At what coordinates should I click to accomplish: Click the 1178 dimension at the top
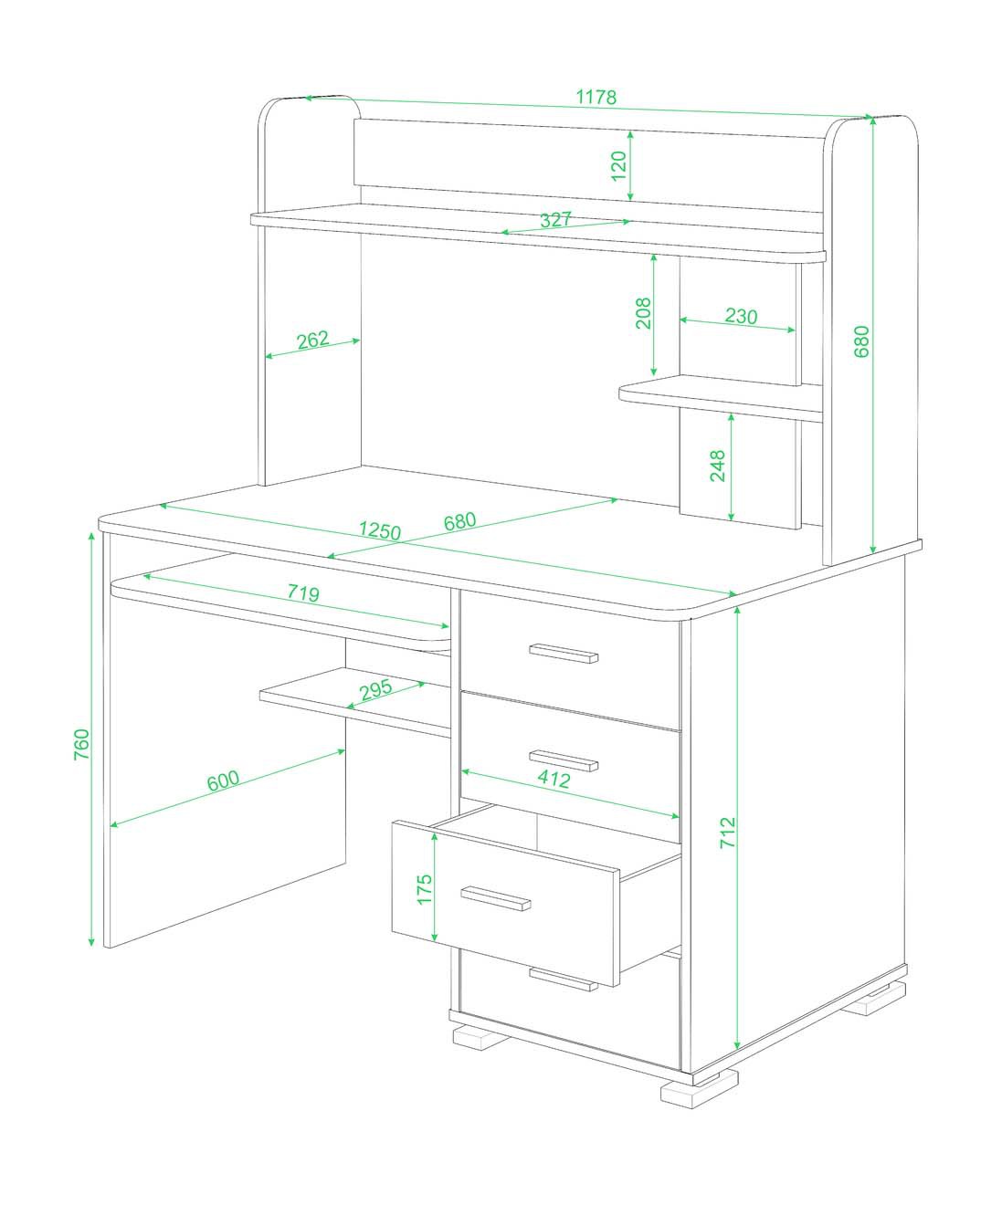596,97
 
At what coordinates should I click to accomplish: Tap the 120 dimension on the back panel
618,165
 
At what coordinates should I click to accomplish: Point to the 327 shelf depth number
556,219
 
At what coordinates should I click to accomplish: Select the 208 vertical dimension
643,313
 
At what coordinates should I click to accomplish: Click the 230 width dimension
741,316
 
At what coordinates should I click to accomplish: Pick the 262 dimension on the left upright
313,340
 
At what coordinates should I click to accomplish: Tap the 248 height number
717,466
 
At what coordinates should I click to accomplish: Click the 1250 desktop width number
379,530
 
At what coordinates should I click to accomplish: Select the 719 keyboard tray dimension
303,592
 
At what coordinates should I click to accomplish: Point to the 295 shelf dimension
376,689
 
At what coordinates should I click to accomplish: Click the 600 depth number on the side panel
223,780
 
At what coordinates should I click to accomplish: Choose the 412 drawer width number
554,779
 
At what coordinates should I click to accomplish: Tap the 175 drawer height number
425,889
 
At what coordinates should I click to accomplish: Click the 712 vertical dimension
728,833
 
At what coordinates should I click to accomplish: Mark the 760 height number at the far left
82,745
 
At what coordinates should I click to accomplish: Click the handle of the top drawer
564,654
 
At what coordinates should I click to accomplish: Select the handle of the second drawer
564,760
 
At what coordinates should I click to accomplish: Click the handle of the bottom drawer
564,980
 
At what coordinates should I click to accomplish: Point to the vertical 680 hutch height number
861,341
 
